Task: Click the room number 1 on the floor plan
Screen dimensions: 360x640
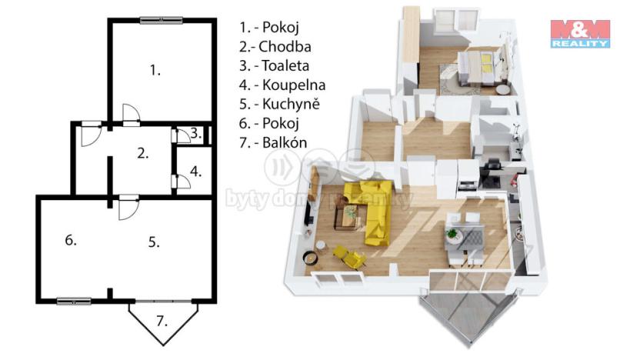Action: [155, 71]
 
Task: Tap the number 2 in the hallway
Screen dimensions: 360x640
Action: [142, 152]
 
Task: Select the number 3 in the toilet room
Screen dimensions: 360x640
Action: [195, 133]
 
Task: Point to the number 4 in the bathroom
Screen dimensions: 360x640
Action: [196, 171]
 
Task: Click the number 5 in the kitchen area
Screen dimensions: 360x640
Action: [154, 242]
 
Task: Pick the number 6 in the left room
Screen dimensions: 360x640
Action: [71, 241]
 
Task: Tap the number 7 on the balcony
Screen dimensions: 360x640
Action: [162, 320]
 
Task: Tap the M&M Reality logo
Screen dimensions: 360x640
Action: [580, 34]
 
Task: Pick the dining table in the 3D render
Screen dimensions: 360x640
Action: [465, 235]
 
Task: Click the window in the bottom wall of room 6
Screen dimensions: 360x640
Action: [74, 301]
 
